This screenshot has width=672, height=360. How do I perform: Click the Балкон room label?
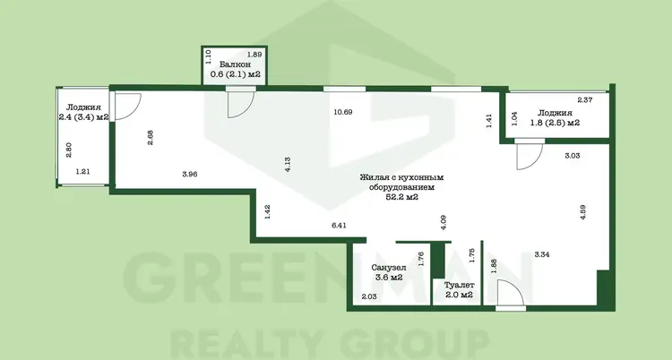pos(235,64)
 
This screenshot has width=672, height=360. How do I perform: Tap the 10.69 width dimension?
pos(343,112)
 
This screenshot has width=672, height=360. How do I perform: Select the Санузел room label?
pos(389,268)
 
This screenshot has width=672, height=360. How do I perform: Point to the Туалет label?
pos(459,285)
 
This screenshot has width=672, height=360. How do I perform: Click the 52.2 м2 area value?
pos(400,197)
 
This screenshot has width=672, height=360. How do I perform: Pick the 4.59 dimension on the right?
pos(583,212)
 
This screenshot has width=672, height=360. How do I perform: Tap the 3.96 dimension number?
pos(189,174)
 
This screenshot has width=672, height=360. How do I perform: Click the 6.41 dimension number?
pos(339,225)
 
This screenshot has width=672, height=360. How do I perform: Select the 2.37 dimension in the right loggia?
pos(585,100)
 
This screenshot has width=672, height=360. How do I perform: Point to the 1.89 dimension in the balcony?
pos(254,55)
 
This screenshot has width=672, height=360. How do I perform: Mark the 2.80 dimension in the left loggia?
pos(69,150)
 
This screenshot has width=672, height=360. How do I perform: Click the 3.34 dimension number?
pos(542,254)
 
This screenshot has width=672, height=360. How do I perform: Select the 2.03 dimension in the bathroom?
pos(369,296)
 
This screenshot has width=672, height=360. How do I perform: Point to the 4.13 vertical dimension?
pos(288,165)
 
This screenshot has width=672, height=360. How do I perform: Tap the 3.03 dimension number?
pos(573,156)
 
